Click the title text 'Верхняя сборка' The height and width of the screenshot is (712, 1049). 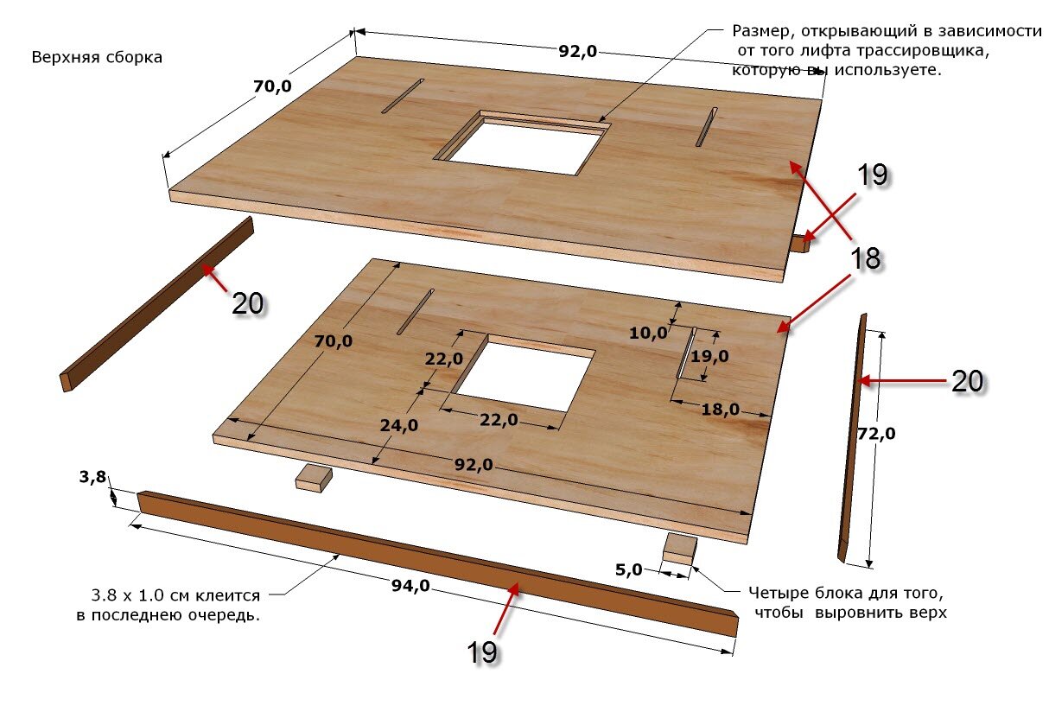click(x=97, y=57)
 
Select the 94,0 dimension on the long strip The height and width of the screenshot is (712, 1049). click(x=410, y=586)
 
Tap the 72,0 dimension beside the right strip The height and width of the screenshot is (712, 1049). click(x=876, y=434)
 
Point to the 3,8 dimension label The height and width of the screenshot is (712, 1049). click(x=92, y=477)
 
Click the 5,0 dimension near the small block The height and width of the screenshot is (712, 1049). click(x=628, y=569)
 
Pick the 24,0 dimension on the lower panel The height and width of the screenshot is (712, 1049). click(x=398, y=425)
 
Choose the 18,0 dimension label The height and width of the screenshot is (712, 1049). click(x=721, y=410)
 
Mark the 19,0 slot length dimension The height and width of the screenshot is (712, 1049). click(x=709, y=357)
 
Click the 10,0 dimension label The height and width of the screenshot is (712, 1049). click(x=648, y=333)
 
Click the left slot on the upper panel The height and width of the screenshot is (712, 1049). click(x=403, y=96)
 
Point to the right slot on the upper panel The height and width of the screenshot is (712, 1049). click(x=706, y=127)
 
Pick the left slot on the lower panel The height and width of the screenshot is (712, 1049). click(x=416, y=311)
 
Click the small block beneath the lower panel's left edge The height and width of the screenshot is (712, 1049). click(x=314, y=478)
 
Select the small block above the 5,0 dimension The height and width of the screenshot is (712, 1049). click(x=679, y=549)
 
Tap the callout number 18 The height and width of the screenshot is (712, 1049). click(x=865, y=258)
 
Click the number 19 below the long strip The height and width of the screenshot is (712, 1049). click(x=482, y=652)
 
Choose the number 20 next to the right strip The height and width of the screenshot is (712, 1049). click(x=968, y=381)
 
